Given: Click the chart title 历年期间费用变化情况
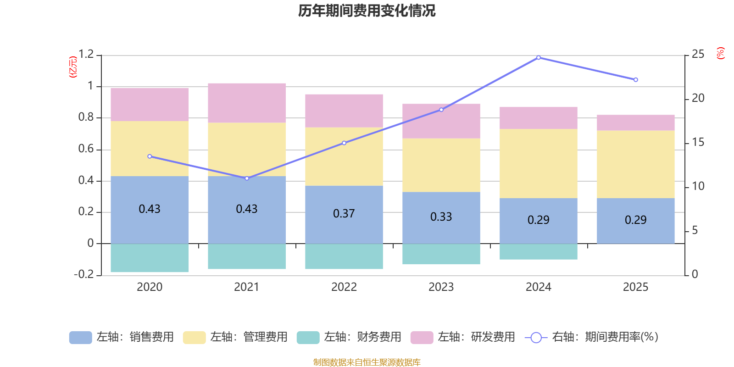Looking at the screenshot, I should click(x=367, y=11).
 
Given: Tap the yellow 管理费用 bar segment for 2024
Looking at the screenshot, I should click(x=538, y=163).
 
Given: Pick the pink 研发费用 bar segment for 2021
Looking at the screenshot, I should click(x=247, y=103).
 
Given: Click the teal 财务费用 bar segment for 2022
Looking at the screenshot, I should click(x=344, y=256).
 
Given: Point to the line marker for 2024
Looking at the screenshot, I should click(x=539, y=58).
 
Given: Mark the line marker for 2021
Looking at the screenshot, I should click(x=247, y=178).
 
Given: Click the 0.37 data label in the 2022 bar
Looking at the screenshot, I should click(x=344, y=214).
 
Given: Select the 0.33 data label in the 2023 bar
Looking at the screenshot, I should click(x=441, y=217).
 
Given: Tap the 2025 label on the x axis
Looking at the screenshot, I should click(x=635, y=287).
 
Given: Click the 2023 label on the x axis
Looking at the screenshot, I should click(x=441, y=287).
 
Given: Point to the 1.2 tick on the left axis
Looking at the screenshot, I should click(x=86, y=55).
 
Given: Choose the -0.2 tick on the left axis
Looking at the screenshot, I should click(x=83, y=274).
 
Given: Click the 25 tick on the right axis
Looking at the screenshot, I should click(x=698, y=55).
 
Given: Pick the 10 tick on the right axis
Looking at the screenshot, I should click(x=698, y=186).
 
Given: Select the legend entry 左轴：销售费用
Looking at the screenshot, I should click(x=122, y=337).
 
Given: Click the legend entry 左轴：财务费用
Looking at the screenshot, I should click(x=349, y=337).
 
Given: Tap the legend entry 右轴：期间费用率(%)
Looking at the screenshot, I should click(x=592, y=337).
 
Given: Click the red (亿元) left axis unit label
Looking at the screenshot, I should click(x=72, y=67).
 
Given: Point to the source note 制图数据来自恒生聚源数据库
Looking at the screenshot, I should click(x=367, y=362).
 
